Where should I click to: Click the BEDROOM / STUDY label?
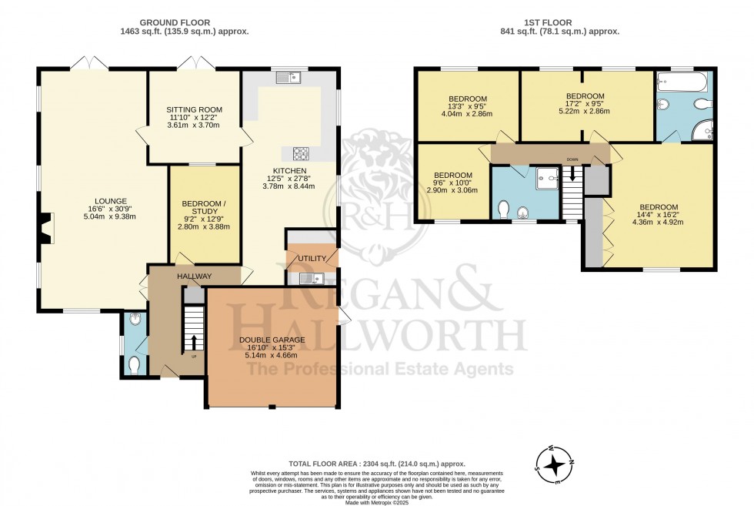(204, 204)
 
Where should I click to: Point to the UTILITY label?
(312, 258)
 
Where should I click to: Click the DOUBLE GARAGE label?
(272, 340)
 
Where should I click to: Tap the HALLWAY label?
(194, 276)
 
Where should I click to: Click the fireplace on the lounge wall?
(46, 228)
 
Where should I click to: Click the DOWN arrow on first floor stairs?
(572, 175)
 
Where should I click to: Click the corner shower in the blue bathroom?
(703, 132)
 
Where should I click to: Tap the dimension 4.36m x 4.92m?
(659, 223)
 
